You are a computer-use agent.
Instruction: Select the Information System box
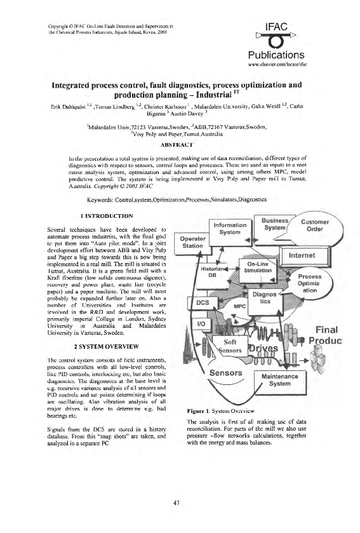[229, 228]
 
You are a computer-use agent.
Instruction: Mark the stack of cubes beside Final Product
[306, 335]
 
